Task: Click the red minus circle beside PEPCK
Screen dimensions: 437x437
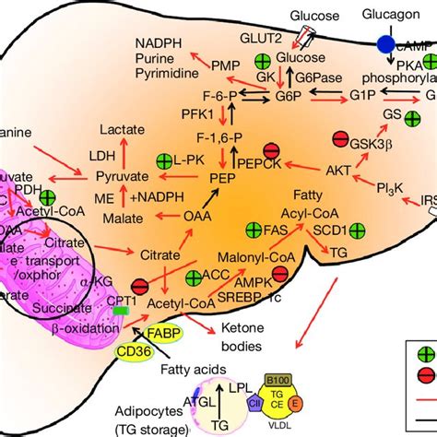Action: (x=271, y=150)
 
